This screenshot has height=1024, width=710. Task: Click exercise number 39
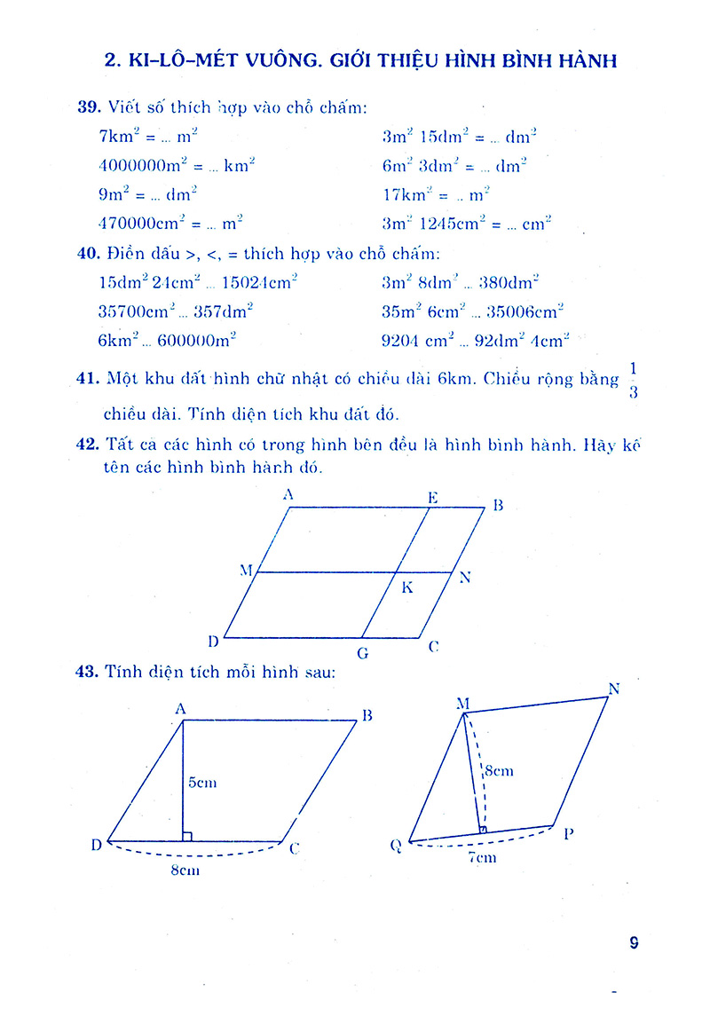(90, 108)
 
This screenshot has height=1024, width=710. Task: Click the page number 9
(633, 943)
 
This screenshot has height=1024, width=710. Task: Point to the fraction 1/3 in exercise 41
(633, 380)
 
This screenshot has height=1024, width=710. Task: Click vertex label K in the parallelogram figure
(407, 587)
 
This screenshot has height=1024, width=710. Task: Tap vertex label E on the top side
(432, 497)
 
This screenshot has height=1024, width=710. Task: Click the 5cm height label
(202, 783)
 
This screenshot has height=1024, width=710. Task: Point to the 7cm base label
(484, 857)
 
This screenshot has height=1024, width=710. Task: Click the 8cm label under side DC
(185, 870)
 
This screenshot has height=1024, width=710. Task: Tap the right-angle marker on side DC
(187, 836)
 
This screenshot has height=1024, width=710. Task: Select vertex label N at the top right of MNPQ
(613, 689)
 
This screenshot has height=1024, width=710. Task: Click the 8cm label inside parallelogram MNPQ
(500, 771)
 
